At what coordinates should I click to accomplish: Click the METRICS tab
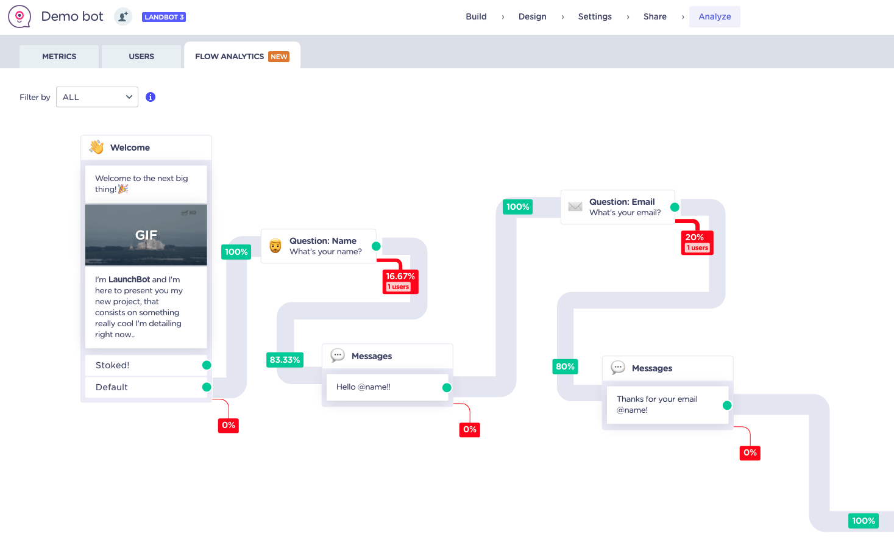coord(59,56)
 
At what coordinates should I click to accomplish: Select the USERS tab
coord(141,56)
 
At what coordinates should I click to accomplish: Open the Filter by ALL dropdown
coord(97,97)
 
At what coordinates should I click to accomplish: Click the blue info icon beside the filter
coord(151,97)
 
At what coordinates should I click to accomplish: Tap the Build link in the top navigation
coord(476,17)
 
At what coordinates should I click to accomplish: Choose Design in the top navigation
coord(533,17)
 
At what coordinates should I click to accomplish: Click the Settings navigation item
coord(595,17)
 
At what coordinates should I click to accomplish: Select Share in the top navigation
coord(655,17)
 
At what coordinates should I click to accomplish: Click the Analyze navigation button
coord(715,17)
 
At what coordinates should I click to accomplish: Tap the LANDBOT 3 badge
coord(164,17)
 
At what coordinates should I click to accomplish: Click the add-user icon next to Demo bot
coord(123,17)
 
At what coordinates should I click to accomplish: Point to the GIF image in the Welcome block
coord(146,235)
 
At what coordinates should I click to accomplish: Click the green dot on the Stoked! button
coord(207,365)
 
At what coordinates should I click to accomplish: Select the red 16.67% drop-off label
coord(400,282)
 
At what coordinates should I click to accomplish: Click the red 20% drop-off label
coord(697,243)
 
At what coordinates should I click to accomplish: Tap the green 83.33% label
coord(285,360)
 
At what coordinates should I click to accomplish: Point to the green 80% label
coord(565,366)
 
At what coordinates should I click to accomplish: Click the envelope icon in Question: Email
coord(575,207)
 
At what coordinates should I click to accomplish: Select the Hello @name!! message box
coord(387,387)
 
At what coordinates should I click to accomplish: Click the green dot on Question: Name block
coord(376,246)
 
